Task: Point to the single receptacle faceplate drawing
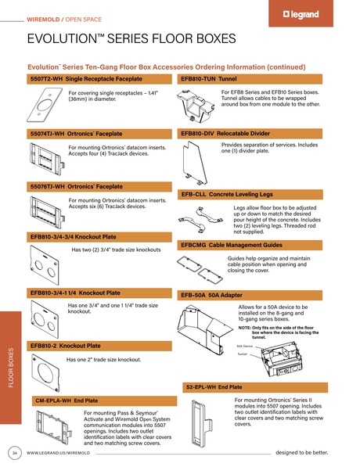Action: [49, 106]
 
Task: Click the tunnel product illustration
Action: [198, 103]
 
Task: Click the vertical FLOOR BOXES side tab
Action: [10, 368]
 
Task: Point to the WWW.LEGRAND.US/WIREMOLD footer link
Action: [59, 453]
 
